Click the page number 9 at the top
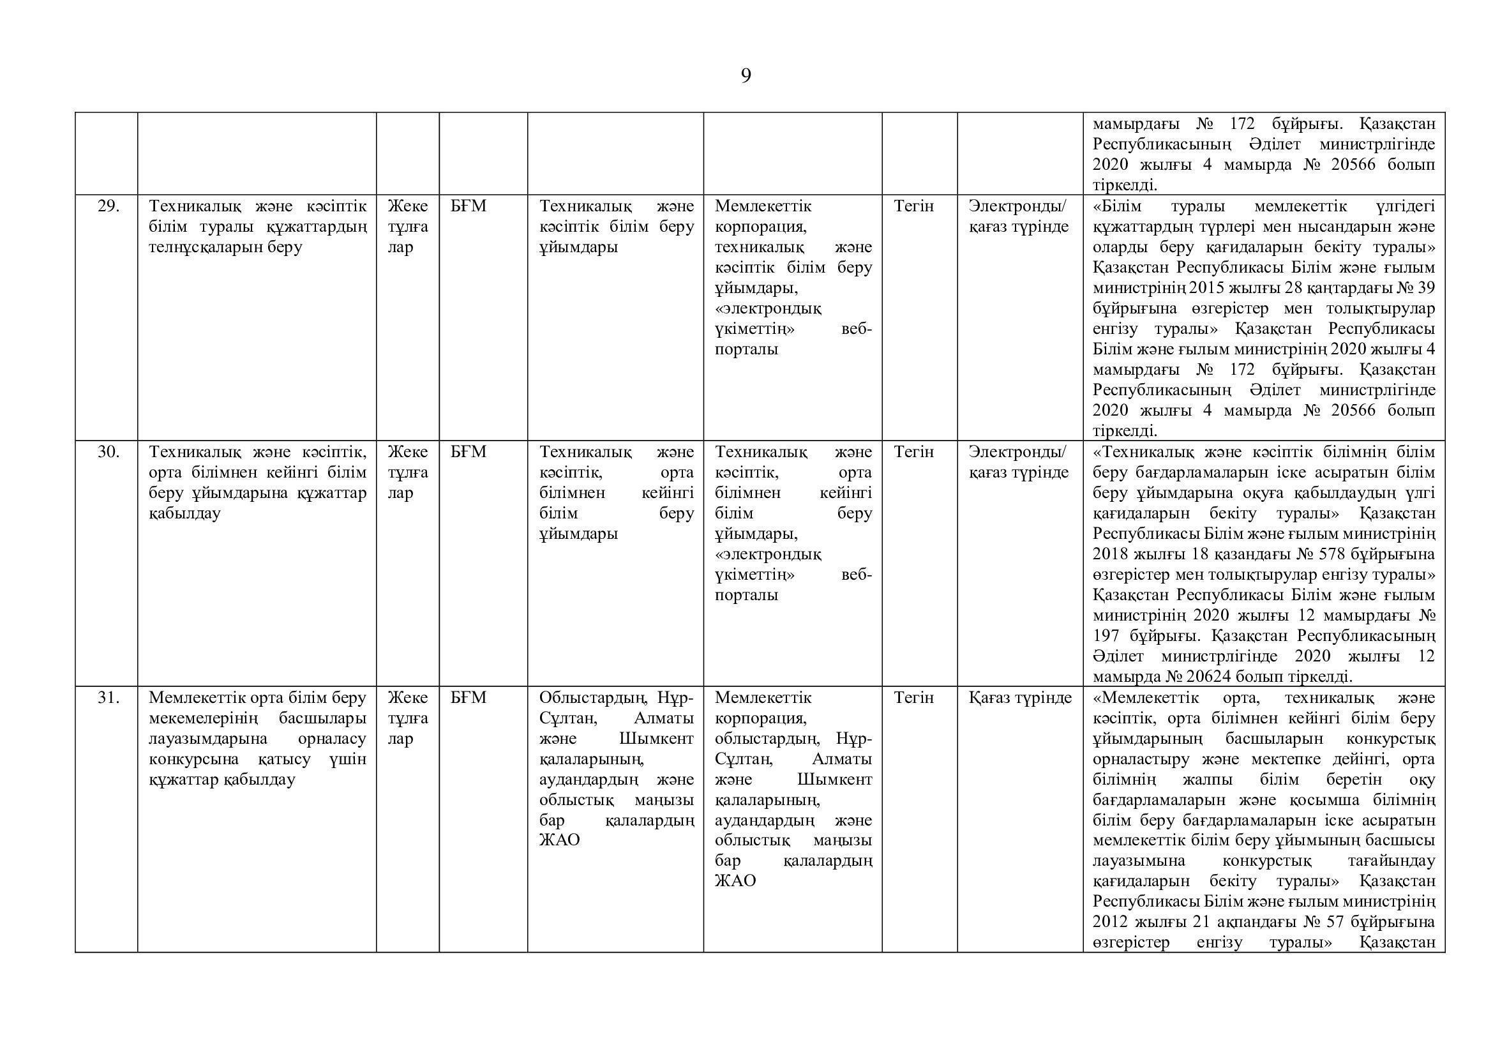746,76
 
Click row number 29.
108,206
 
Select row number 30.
108,452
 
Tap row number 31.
108,698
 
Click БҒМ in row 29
468,206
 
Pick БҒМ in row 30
468,452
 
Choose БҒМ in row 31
468,698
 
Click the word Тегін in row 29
913,206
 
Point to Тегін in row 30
913,452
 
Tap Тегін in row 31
913,698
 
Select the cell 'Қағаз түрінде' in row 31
1019,698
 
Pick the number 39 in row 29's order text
1425,288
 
